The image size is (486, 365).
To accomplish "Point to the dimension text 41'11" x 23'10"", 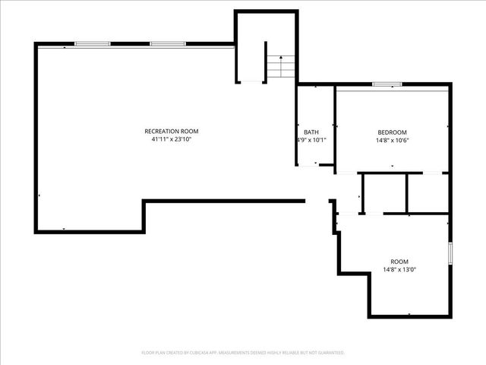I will click(x=171, y=140).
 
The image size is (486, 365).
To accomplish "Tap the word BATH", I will click(x=311, y=132).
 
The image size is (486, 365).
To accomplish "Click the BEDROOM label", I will click(x=392, y=132).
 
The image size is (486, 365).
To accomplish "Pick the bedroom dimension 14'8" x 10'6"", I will click(x=392, y=141).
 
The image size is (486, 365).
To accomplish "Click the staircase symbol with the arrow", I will click(x=281, y=66).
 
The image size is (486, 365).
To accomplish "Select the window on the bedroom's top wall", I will click(x=387, y=84).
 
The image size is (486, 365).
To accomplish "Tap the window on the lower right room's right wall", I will click(x=450, y=253).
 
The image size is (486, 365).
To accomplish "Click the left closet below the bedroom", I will click(x=384, y=193).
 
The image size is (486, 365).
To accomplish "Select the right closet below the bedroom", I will click(x=427, y=193).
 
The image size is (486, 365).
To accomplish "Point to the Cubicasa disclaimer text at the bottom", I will click(x=243, y=353).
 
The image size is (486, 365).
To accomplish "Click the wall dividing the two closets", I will click(x=407, y=193).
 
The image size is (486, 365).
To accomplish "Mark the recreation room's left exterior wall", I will click(x=36, y=137).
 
